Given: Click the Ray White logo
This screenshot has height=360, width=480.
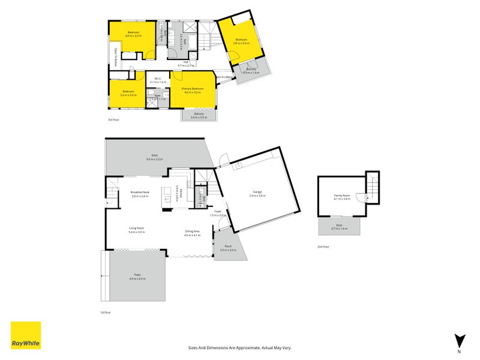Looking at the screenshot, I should pyautogui.click(x=26, y=335).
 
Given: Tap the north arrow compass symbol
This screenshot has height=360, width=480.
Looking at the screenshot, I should pyautogui.click(x=460, y=340).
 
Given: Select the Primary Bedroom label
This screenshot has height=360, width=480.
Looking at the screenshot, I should pyautogui.click(x=193, y=89).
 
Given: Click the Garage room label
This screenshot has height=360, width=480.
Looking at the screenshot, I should pyautogui.click(x=256, y=193).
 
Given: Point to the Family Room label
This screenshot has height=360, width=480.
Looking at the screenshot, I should pyautogui.click(x=343, y=196).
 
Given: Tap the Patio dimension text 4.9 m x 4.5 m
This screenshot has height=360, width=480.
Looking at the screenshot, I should pyautogui.click(x=137, y=279).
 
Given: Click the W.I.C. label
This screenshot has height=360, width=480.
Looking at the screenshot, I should pyautogui.click(x=158, y=79).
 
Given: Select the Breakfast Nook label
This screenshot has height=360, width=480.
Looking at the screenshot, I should pyautogui.click(x=140, y=192).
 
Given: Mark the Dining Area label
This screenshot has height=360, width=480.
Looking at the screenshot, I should pyautogui.click(x=193, y=231).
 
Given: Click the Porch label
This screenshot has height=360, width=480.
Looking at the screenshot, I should pyautogui.click(x=228, y=246).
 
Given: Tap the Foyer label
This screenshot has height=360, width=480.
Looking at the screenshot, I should pyautogui.click(x=218, y=211).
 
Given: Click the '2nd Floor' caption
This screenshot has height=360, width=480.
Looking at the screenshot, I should pyautogui.click(x=323, y=247).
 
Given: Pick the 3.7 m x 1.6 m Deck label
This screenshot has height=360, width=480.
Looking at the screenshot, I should pyautogui.click(x=339, y=226).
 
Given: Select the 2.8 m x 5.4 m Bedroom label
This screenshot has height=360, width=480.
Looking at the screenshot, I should pyautogui.click(x=242, y=41).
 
